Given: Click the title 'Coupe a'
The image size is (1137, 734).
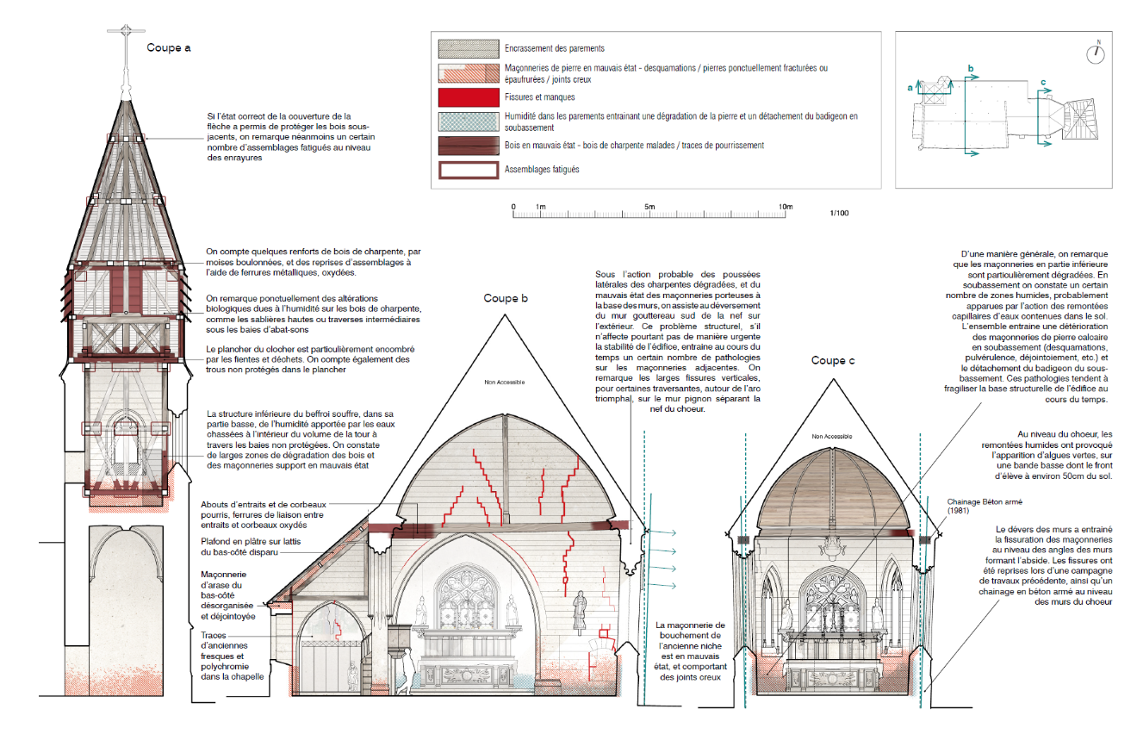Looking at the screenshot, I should coord(169,47).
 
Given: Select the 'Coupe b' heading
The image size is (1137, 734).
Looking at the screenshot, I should coord(506,298).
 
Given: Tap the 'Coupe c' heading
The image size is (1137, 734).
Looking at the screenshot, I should coord(832,360).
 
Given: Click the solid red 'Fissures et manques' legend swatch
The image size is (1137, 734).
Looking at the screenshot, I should coord(468,97).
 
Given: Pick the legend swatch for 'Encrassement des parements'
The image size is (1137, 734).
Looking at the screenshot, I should coord(468,48).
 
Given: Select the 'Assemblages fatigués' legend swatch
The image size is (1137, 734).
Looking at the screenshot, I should coord(468,169).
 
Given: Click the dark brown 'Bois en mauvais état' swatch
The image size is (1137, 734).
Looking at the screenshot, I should coord(468,145).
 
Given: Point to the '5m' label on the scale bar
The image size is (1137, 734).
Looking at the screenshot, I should coord(649,207).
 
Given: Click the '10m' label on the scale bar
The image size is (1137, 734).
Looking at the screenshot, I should coord(785,207).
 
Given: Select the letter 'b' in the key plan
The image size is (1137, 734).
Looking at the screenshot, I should coord(971,67).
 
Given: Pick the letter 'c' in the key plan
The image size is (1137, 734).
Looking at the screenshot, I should coord(1043,83).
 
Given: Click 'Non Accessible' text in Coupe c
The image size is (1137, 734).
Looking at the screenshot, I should coord(831,437).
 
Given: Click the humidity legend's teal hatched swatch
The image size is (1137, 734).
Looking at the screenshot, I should coord(468,121).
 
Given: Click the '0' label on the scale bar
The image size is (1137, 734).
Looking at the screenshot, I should coord(513,207).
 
